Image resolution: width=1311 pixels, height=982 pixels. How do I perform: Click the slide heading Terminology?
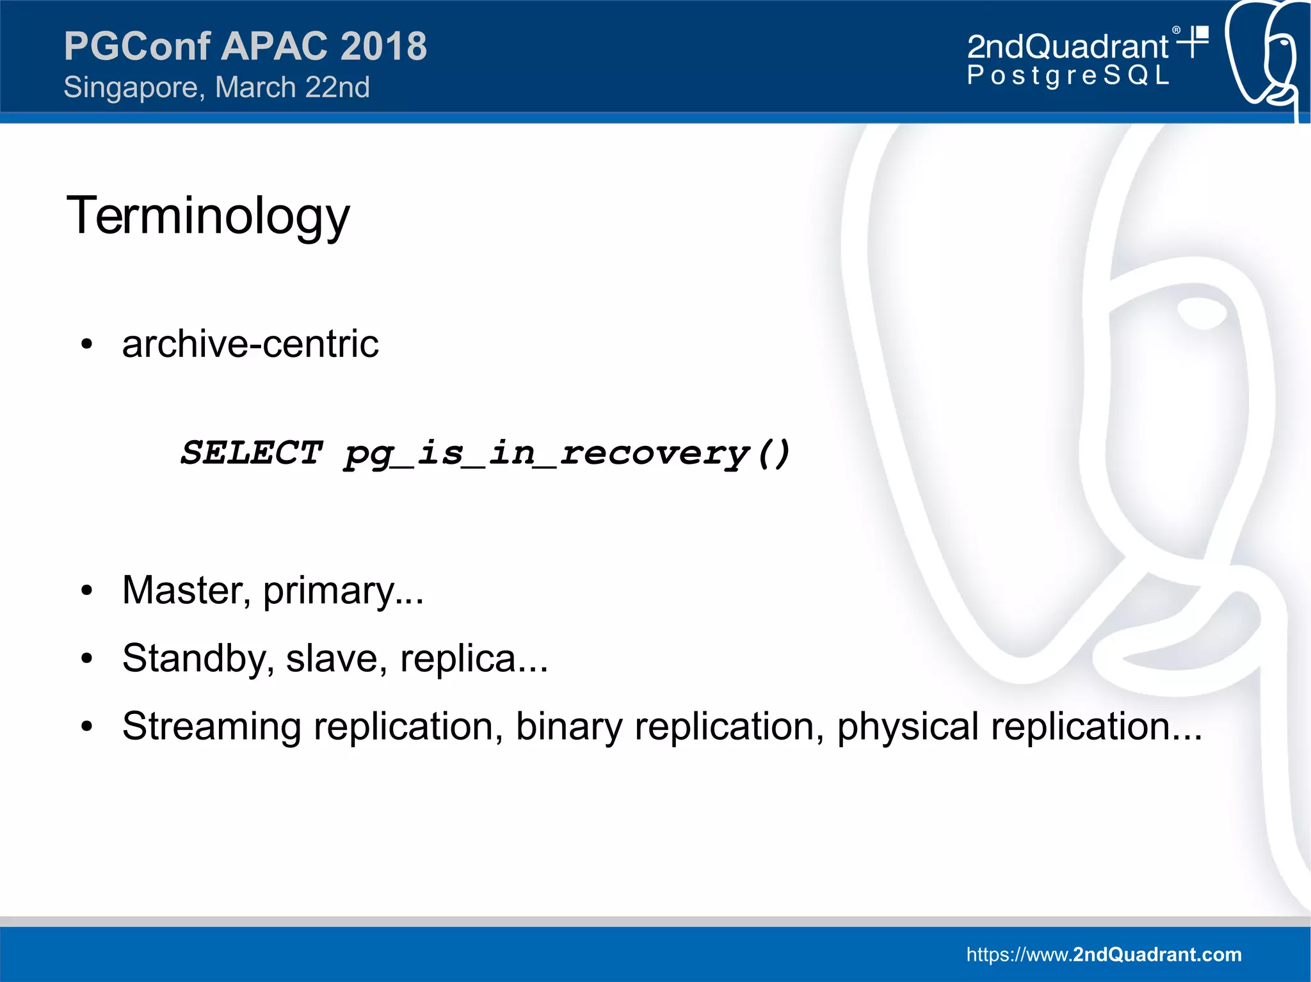(x=208, y=216)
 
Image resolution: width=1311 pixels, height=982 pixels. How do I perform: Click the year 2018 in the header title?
(x=383, y=46)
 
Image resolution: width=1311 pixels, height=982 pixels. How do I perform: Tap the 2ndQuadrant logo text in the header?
(x=1068, y=47)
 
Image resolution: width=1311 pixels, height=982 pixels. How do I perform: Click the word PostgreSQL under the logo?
(x=1068, y=75)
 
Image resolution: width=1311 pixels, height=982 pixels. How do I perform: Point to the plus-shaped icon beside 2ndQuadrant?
(x=1194, y=42)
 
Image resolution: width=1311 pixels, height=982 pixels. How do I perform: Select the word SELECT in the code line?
(x=251, y=453)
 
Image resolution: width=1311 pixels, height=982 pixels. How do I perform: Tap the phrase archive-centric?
(x=250, y=344)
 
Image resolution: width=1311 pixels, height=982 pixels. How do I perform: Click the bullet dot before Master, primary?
(x=87, y=591)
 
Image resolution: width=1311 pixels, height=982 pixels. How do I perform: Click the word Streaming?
(x=212, y=726)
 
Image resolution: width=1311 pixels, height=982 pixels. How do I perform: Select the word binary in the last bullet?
(x=568, y=727)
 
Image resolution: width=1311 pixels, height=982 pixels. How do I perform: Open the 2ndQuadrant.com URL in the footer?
(x=1104, y=954)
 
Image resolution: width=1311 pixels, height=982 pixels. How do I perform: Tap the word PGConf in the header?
(x=137, y=46)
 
